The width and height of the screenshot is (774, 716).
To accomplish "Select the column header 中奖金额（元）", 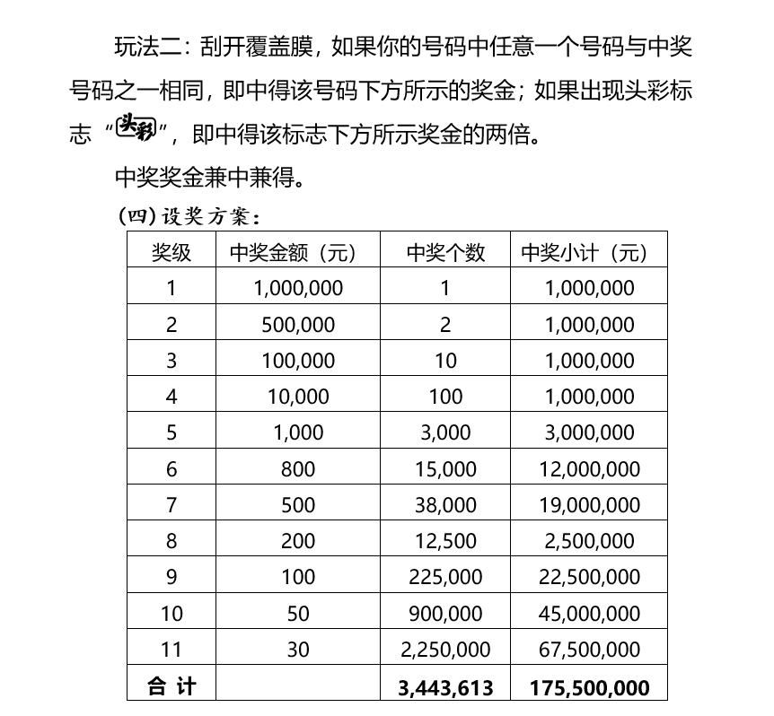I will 298,252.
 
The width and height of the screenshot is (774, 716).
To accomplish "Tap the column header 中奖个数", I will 445,252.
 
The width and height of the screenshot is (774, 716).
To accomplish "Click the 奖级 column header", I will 172,252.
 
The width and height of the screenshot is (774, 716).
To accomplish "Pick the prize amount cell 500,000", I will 298,325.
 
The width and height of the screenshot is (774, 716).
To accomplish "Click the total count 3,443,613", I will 445,687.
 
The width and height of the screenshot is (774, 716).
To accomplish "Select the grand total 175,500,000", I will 589,687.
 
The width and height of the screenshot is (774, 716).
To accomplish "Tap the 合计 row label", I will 172,686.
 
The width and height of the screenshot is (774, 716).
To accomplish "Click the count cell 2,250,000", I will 445,650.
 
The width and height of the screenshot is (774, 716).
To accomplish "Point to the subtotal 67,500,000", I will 589,650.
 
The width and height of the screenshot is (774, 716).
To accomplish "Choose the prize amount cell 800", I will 298,469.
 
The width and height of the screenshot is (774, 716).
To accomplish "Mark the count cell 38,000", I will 445,505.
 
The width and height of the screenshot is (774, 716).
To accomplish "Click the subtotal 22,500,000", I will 589,578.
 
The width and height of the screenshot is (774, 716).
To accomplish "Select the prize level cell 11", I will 172,650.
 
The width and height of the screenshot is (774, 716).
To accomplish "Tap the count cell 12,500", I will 445,541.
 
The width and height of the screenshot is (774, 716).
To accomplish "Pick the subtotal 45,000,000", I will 589,614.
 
